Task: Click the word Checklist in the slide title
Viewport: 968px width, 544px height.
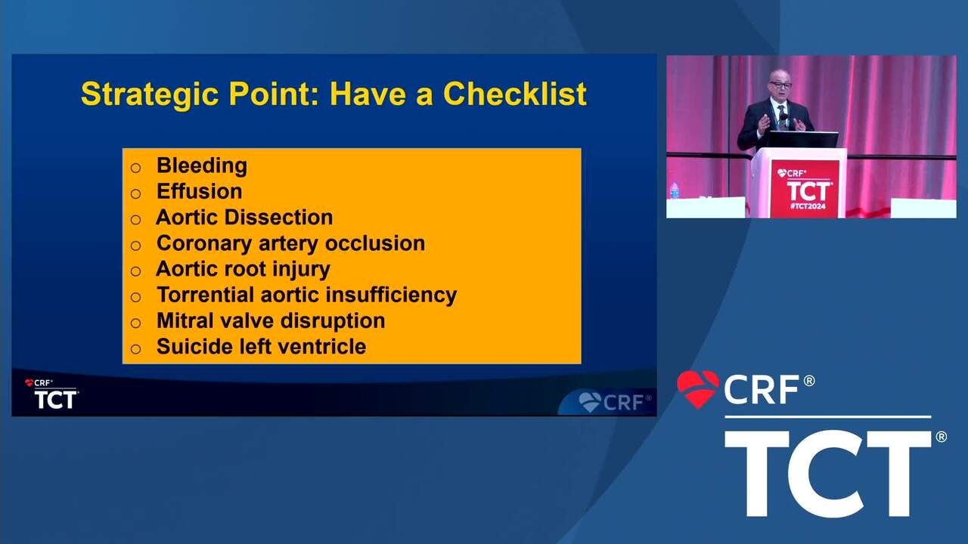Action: pos(515,94)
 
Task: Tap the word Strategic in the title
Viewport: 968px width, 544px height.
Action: pos(150,94)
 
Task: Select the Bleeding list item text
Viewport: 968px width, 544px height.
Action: pos(202,166)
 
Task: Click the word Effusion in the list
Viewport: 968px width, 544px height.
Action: pos(199,191)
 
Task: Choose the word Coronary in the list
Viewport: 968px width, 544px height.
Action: pos(204,244)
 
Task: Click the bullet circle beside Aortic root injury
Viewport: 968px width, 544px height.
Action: pos(135,271)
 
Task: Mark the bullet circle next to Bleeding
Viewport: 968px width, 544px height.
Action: pos(135,168)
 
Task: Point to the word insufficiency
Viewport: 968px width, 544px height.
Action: pos(391,295)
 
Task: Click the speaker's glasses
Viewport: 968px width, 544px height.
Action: pos(780,85)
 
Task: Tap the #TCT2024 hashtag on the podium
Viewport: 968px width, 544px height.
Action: pos(808,206)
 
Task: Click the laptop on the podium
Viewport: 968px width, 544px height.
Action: pos(802,140)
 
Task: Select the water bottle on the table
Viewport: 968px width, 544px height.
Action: pos(674,190)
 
